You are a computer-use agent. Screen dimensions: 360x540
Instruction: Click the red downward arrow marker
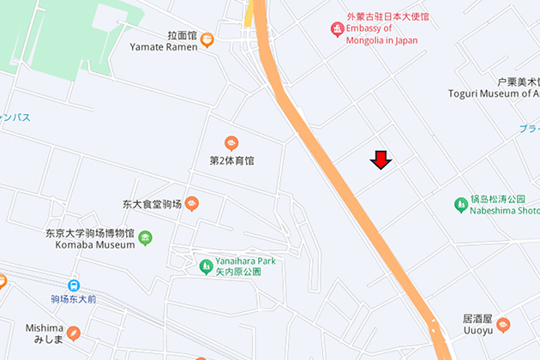381,160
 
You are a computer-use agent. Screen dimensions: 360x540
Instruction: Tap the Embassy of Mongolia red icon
338,30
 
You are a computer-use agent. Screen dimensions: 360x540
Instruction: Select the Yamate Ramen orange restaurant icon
207,40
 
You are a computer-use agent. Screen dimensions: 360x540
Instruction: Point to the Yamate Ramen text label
164,46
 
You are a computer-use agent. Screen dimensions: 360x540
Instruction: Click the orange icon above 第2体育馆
231,143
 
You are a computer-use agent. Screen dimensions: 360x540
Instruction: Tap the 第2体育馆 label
231,160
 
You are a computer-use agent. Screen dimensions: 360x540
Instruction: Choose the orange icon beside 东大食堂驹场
192,204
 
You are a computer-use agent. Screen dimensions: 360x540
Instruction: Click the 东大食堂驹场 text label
152,204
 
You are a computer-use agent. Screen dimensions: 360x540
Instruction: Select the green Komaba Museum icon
146,237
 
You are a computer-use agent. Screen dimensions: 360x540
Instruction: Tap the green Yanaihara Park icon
206,267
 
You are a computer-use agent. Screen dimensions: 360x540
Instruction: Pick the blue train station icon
75,285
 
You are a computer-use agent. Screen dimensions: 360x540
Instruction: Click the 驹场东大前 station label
73,299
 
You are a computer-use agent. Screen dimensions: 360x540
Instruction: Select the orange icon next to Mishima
75,333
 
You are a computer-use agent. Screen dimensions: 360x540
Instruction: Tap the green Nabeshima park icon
461,204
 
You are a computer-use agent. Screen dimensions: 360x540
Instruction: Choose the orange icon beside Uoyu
503,325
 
